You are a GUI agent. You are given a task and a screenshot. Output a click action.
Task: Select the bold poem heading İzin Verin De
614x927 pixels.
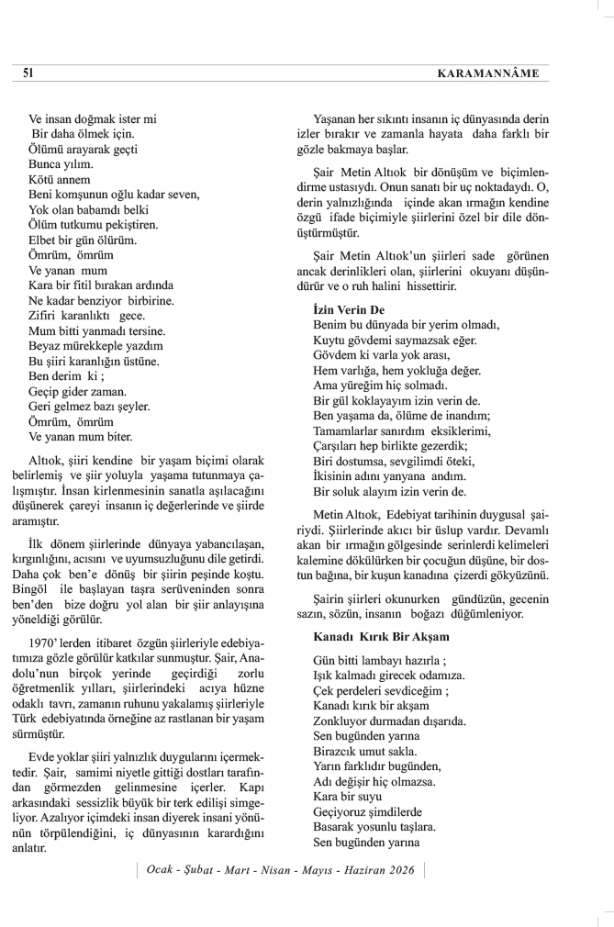tap(349, 309)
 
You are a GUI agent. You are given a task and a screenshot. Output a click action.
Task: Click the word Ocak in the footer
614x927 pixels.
tap(162, 869)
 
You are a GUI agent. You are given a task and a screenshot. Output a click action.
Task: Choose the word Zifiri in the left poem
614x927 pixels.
tap(46, 315)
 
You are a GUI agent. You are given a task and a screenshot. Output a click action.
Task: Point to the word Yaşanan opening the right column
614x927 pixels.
tap(337, 117)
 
